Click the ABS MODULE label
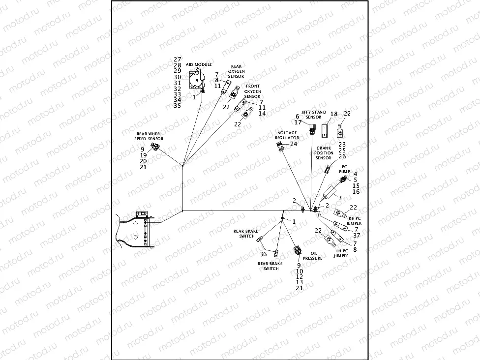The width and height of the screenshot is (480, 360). pos(199,64)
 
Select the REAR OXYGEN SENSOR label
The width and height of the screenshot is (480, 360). pos(237,71)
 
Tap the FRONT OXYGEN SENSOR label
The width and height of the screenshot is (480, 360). pos(253,91)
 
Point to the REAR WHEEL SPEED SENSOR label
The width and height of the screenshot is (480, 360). pos(150,136)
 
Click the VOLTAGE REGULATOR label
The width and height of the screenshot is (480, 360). pos(287,135)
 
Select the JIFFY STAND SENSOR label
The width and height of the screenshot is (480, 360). pos(313,115)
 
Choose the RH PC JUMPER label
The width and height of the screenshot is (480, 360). pos(355,220)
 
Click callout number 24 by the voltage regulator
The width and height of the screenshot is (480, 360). pos(294,144)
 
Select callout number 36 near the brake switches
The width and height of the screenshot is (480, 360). pos(263,254)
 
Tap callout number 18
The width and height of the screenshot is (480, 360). pos(334,114)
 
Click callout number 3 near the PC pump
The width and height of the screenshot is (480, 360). pos(339,197)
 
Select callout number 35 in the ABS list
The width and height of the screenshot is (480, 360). pos(178,105)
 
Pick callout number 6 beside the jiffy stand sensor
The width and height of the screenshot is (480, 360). pos(298,117)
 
